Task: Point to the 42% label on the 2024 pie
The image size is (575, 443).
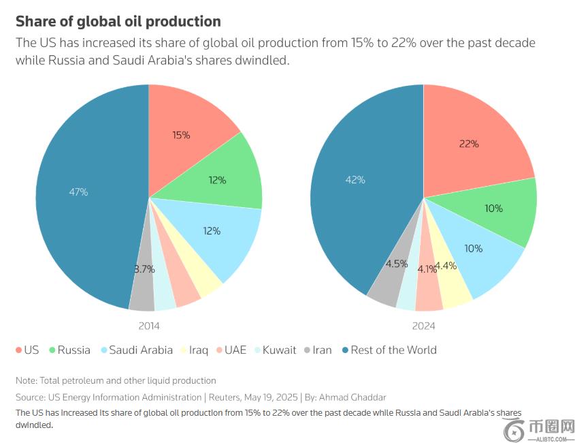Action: pyautogui.click(x=355, y=180)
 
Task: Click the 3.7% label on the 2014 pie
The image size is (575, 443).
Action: pyautogui.click(x=144, y=269)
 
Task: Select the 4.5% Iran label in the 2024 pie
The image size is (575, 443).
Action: pyautogui.click(x=397, y=264)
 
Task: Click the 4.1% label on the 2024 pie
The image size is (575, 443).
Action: pyautogui.click(x=427, y=269)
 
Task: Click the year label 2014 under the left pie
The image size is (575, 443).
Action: pyautogui.click(x=148, y=326)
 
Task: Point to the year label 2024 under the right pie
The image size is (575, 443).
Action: pyautogui.click(x=423, y=326)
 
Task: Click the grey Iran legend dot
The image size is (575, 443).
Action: pyautogui.click(x=308, y=350)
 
